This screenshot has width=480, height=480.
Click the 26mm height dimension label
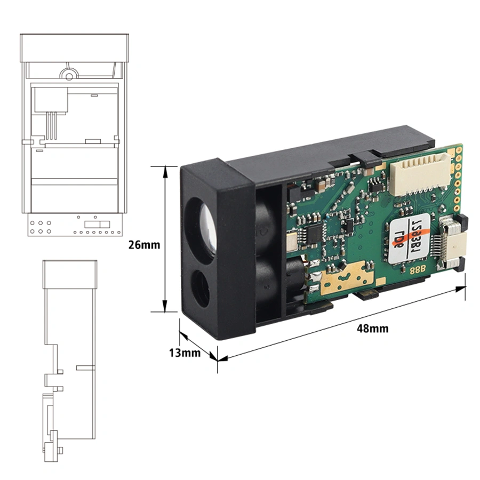(x=143, y=244)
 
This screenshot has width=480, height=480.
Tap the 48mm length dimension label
(x=373, y=329)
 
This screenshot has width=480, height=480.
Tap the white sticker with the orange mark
(x=408, y=240)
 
